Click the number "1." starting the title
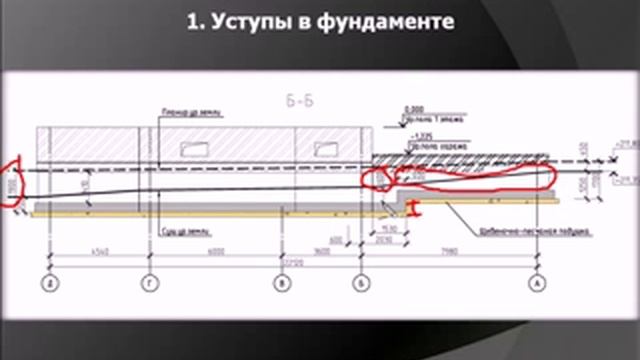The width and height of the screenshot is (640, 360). click(x=196, y=22)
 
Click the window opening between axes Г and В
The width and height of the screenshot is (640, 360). click(x=194, y=150)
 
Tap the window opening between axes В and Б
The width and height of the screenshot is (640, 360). click(x=324, y=150)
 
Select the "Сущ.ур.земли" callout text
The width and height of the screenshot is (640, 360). click(x=180, y=229)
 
